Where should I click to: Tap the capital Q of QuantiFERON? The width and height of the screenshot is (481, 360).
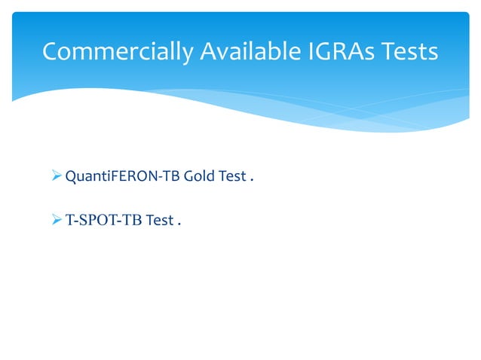tap(72, 177)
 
